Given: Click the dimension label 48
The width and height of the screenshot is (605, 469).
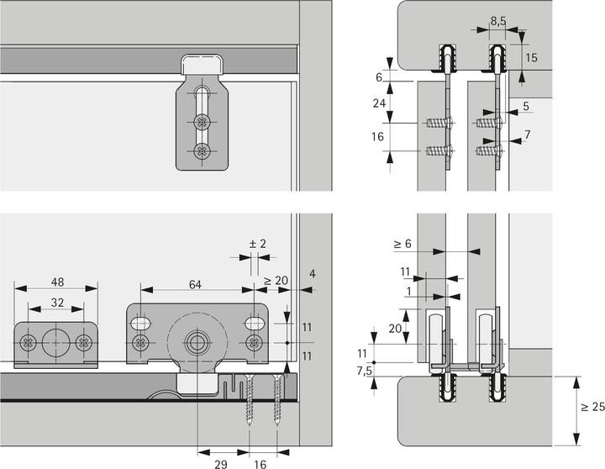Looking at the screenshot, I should (x=55, y=283).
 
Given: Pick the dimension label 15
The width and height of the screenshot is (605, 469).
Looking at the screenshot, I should (x=531, y=57).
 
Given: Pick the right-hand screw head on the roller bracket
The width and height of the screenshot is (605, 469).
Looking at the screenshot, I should (x=254, y=342).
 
